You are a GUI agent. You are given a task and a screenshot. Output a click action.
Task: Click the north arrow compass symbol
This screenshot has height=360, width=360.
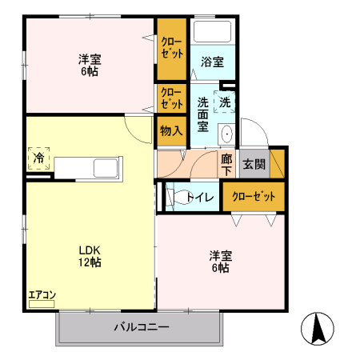[318, 329]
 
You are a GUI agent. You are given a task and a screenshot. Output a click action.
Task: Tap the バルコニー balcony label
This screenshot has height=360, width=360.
[141, 327]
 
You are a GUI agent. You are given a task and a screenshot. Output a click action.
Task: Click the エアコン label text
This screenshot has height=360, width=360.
[42, 295]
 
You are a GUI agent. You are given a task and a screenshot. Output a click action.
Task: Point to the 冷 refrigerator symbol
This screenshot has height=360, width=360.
[38, 158]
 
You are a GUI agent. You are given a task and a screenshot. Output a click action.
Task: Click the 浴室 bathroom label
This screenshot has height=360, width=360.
[212, 62]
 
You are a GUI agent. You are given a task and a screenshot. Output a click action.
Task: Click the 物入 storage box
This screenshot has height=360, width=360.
[171, 130]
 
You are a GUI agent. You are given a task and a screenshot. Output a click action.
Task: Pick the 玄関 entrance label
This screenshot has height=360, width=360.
[254, 165]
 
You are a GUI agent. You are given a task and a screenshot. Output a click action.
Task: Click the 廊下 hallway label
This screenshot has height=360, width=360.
[227, 165]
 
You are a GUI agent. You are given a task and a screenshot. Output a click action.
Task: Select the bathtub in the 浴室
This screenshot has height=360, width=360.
[213, 32]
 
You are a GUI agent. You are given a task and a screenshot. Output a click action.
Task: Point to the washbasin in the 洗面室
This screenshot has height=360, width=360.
[226, 134]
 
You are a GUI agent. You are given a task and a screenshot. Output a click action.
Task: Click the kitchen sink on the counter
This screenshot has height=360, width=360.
[106, 169]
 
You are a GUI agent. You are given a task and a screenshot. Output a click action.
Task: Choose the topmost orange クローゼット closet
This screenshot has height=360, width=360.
[170, 46]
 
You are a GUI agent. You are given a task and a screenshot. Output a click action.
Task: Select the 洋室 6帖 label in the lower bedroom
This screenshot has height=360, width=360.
[221, 262]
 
